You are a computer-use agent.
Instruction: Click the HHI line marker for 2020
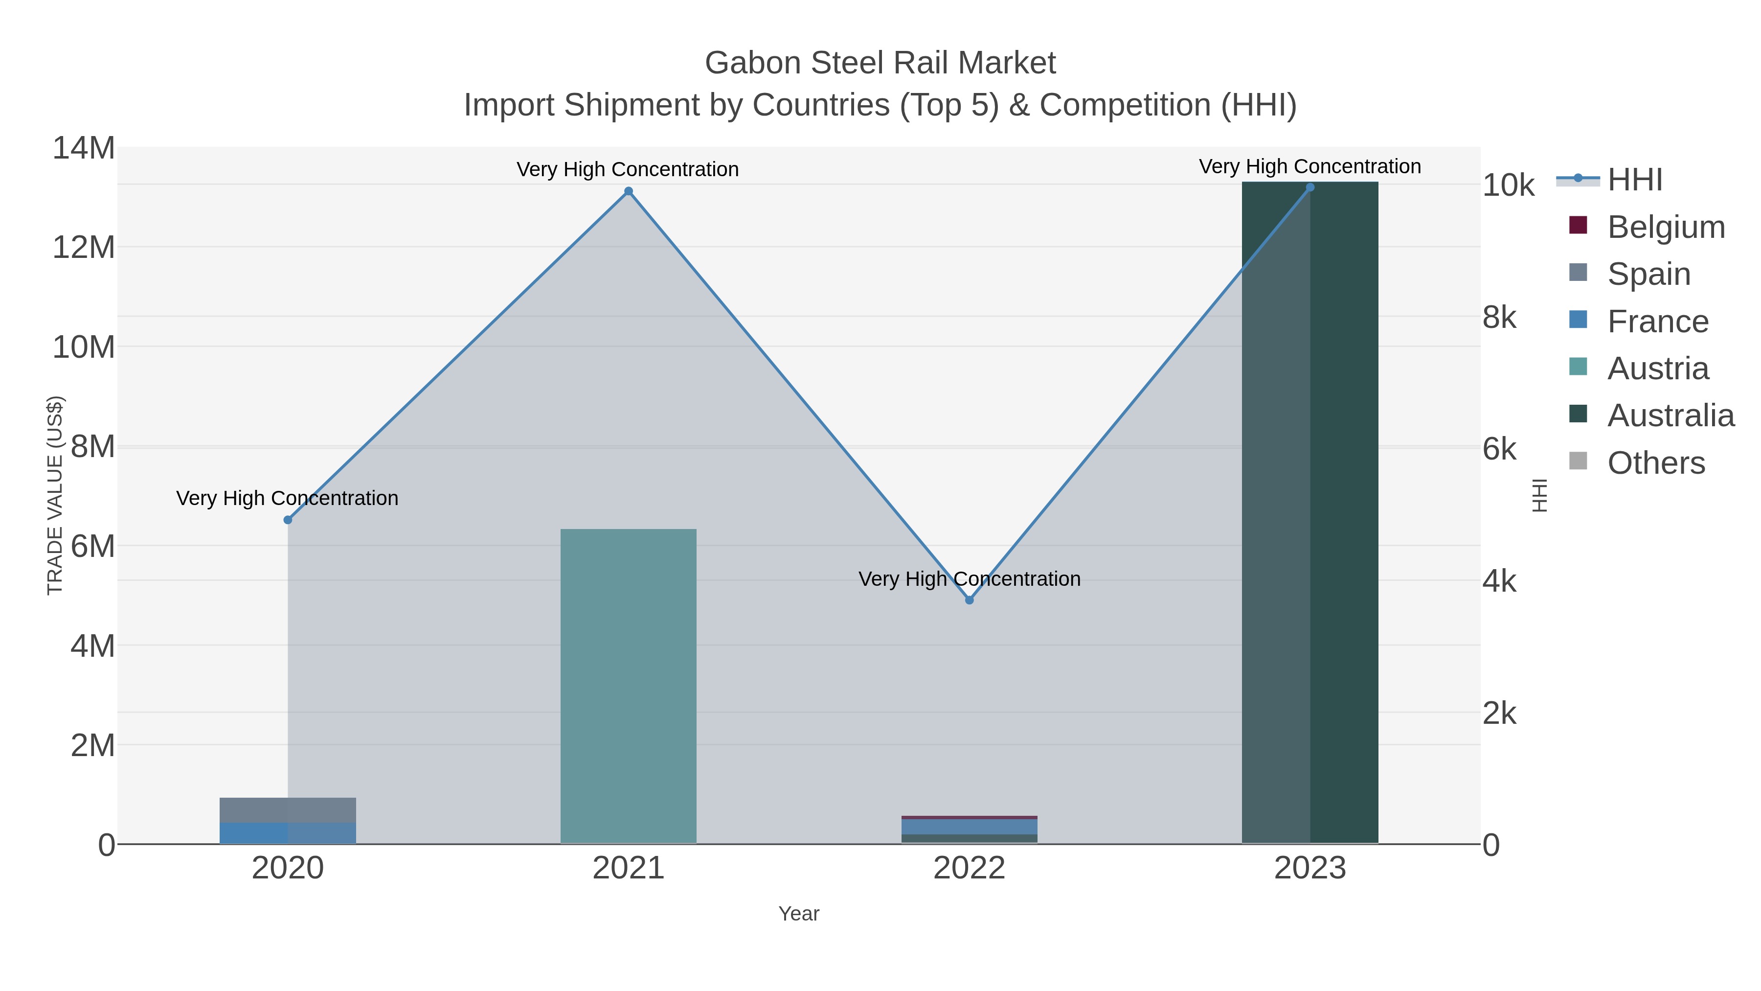(x=288, y=520)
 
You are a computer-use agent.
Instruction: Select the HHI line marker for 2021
(x=628, y=191)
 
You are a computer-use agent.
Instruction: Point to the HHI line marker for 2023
(x=1310, y=187)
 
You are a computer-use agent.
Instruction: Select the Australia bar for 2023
(x=1310, y=513)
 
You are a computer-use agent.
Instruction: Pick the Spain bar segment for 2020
(x=288, y=810)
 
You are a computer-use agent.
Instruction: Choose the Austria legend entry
(x=1658, y=369)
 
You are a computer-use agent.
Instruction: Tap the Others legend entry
(x=1656, y=463)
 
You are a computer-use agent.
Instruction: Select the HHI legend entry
(x=1634, y=180)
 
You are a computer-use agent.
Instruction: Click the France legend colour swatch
(x=1578, y=320)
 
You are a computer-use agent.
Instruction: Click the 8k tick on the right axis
(x=1500, y=317)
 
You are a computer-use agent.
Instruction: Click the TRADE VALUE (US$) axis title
(x=55, y=495)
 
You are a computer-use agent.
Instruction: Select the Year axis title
(x=798, y=914)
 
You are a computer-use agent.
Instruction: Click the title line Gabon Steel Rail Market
(x=880, y=63)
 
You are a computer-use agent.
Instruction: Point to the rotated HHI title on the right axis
(x=1539, y=495)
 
